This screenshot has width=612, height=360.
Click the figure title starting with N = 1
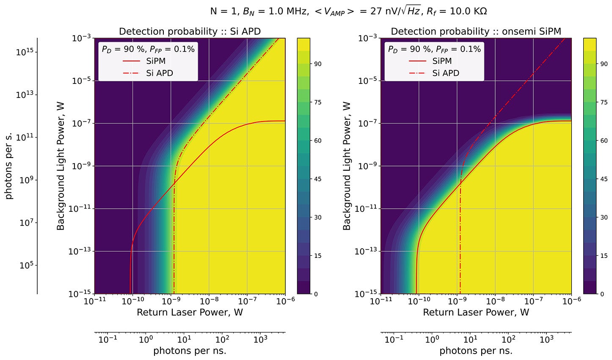point(348,11)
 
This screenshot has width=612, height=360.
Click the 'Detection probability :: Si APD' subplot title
point(190,31)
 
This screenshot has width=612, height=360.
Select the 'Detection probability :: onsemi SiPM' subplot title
point(476,31)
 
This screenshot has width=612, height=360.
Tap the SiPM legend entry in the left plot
point(155,61)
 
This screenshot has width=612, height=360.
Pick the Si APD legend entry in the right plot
point(445,73)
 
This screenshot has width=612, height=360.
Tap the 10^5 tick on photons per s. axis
point(27,266)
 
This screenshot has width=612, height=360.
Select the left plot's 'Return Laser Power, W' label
point(190,313)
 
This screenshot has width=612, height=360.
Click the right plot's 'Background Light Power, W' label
point(347,166)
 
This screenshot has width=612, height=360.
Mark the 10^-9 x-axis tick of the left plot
point(171,301)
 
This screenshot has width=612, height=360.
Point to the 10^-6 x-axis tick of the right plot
point(571,301)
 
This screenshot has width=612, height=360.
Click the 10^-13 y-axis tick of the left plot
point(80,252)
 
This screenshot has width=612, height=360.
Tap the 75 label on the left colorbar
point(317,102)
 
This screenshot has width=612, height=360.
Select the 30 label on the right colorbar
point(604,218)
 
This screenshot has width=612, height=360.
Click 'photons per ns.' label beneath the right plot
point(476,351)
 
